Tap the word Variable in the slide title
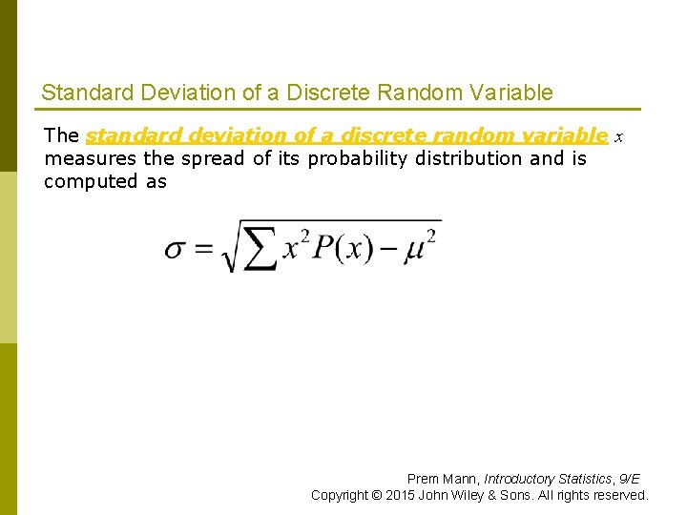[516, 93]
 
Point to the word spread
[214, 158]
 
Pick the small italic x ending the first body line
[618, 137]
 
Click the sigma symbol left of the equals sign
[175, 250]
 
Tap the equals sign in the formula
[204, 250]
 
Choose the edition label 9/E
[629, 479]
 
